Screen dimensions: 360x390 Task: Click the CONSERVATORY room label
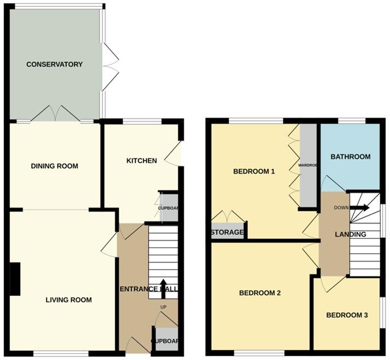click(55, 64)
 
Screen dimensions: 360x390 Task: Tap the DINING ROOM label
click(54, 166)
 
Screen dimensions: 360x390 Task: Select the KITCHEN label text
click(142, 161)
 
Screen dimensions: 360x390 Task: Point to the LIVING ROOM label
click(68, 300)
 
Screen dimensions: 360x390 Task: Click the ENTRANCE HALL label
click(148, 289)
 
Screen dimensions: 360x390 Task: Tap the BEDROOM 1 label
click(254, 172)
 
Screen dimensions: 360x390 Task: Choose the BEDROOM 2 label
click(260, 293)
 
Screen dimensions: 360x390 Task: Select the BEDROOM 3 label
click(347, 315)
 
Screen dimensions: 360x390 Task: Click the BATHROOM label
click(351, 157)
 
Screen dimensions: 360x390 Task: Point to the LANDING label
click(351, 235)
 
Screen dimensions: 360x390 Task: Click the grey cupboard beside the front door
click(166, 339)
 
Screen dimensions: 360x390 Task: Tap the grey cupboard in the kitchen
click(168, 208)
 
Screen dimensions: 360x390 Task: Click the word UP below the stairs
click(163, 307)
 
